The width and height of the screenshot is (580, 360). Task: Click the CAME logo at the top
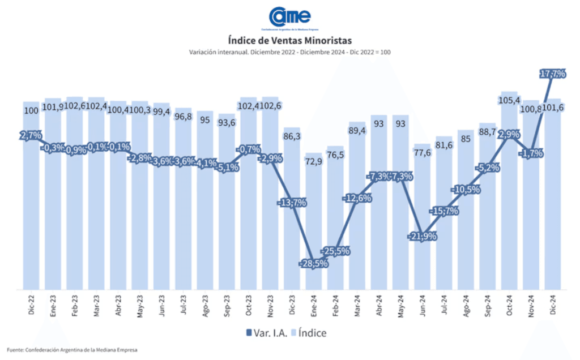pyautogui.click(x=289, y=18)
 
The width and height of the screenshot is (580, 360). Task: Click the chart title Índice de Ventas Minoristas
pyautogui.click(x=289, y=41)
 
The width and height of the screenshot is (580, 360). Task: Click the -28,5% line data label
pyautogui.click(x=313, y=264)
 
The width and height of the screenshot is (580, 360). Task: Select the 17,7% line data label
pyautogui.click(x=552, y=74)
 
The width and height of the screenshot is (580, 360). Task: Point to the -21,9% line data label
pyautogui.click(x=422, y=236)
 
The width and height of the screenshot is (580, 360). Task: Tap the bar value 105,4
pyautogui.click(x=509, y=101)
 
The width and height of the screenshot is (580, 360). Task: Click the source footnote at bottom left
pyautogui.click(x=72, y=350)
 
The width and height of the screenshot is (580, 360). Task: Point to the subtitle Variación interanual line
pyautogui.click(x=289, y=52)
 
